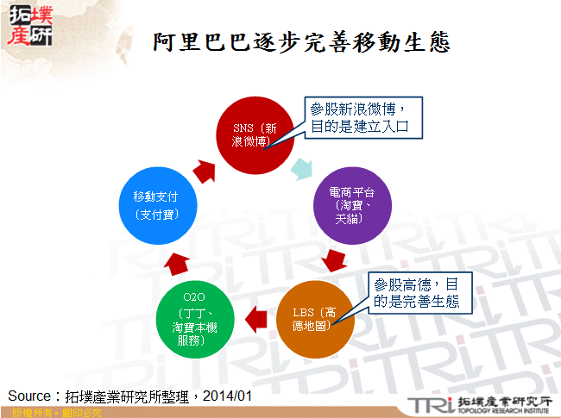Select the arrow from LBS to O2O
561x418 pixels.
[255, 318]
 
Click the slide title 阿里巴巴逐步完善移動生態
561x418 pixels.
[301, 41]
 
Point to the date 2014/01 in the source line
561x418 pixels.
[226, 396]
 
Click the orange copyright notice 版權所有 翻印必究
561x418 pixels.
[51, 413]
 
